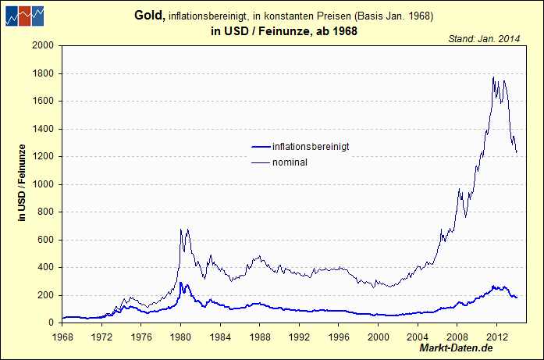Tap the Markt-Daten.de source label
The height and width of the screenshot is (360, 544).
pos(456,347)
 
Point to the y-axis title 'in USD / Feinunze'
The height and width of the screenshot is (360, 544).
pos(23,184)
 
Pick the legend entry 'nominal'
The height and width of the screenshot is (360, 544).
pos(290,162)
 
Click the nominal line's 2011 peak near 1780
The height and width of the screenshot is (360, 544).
pos(493,77)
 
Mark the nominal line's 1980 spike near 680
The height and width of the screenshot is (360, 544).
pos(181,229)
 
